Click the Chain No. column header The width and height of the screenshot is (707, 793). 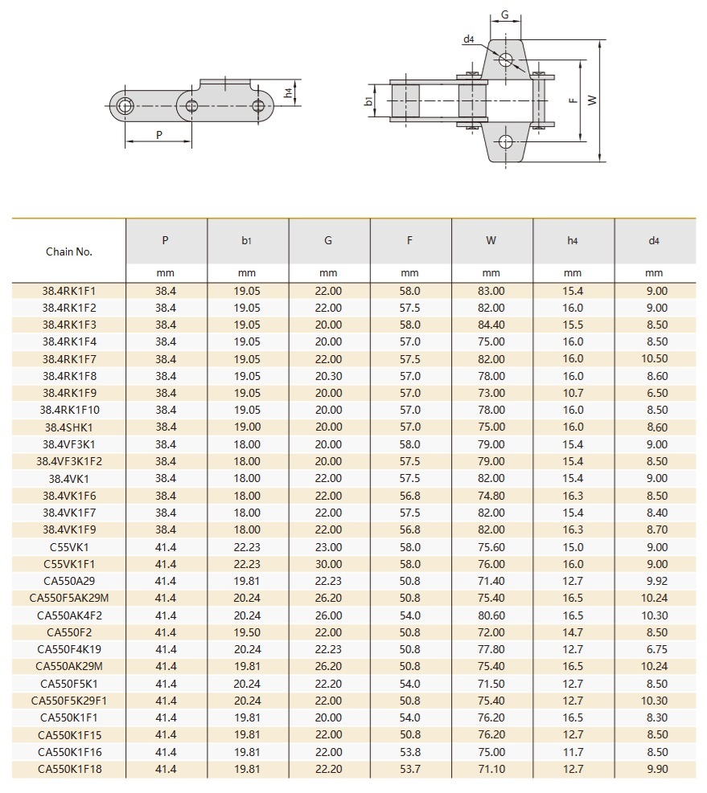click(69, 251)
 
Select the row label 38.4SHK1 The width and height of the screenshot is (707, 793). click(69, 427)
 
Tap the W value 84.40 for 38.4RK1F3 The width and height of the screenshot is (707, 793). click(491, 325)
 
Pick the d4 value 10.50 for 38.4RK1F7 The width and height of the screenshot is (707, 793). click(655, 359)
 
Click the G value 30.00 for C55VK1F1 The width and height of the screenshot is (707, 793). click(328, 564)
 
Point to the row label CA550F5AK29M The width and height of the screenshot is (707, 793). click(69, 599)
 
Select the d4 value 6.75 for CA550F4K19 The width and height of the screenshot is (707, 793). click(655, 649)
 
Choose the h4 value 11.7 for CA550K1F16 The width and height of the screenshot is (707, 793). click(573, 752)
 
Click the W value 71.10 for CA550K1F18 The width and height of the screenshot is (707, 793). click(491, 769)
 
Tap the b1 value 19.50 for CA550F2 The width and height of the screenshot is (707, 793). click(247, 632)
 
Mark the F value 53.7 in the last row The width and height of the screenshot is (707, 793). click(410, 769)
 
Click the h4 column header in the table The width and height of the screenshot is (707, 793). click(573, 240)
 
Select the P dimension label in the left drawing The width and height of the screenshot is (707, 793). click(159, 134)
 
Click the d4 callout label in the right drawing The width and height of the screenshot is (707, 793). click(468, 39)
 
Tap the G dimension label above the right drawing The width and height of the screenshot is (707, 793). click(504, 14)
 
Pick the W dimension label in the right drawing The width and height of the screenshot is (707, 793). click(592, 100)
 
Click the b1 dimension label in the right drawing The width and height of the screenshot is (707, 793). click(368, 101)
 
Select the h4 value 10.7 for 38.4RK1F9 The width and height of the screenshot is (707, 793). click(573, 393)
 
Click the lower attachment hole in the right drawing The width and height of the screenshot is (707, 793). click(504, 142)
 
